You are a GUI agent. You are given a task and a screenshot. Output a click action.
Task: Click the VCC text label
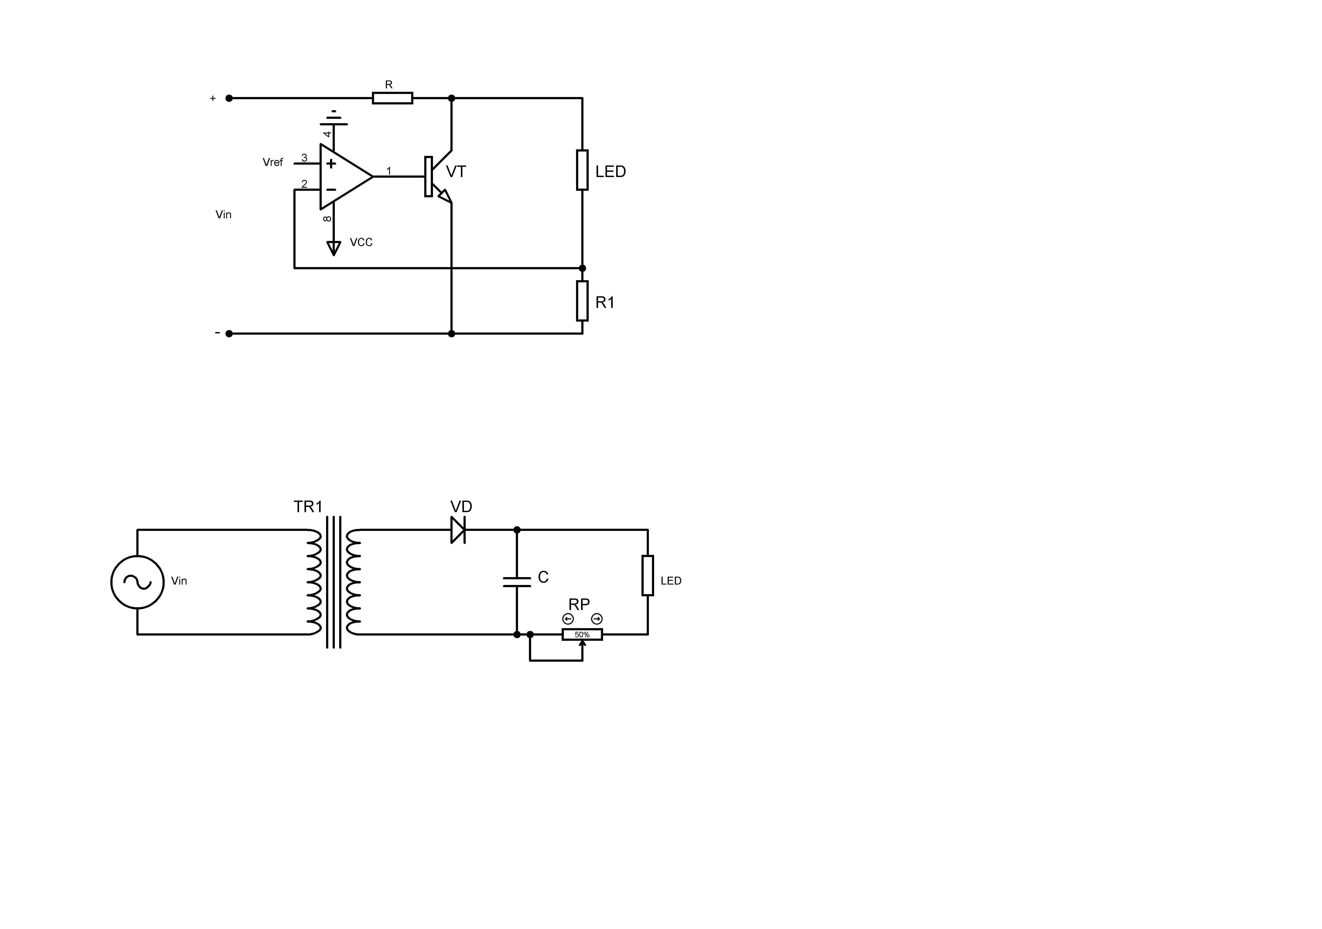(361, 242)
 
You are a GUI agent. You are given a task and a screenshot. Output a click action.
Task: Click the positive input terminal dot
(229, 98)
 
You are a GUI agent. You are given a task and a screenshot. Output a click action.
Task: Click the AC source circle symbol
(138, 582)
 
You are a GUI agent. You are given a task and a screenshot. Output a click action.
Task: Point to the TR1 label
(308, 506)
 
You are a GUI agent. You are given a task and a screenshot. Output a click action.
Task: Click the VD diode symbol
(458, 530)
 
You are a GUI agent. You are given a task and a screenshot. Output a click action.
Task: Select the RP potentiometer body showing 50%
(582, 634)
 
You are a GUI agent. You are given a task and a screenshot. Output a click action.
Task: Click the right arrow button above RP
(597, 619)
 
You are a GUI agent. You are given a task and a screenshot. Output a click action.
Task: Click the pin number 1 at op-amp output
(389, 171)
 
